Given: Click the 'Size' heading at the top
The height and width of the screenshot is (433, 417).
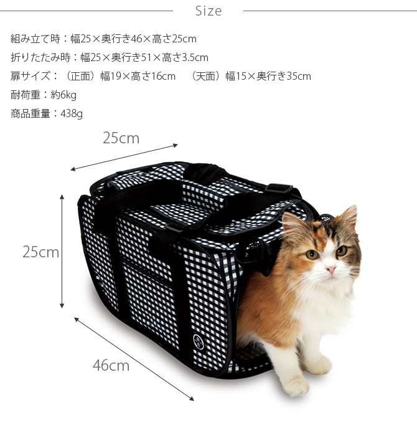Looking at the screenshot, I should (208, 11).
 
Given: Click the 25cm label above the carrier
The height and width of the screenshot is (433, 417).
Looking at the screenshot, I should (121, 138).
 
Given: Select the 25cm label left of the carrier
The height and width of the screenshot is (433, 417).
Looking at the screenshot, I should (40, 252).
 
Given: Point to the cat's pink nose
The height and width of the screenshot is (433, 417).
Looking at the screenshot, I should (330, 269).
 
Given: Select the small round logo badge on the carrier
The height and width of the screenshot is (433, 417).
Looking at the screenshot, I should (197, 340).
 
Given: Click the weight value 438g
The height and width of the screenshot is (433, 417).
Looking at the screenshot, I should (72, 114).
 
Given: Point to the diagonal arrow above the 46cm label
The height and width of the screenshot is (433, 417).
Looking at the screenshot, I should (134, 358).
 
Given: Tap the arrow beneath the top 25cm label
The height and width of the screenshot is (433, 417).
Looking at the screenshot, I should (124, 157).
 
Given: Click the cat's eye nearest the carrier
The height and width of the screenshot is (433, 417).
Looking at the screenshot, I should (312, 254).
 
